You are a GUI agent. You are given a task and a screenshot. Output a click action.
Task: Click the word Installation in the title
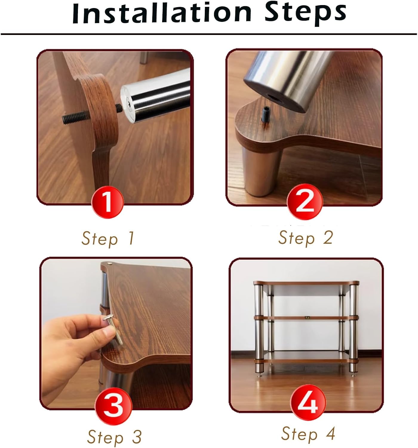pyautogui.click(x=162, y=13)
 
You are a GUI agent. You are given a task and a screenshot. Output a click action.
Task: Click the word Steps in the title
pyautogui.click(x=305, y=14)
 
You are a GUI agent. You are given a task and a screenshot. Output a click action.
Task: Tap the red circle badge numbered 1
pyautogui.click(x=107, y=202)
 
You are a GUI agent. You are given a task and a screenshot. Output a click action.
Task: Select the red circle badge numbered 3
pyautogui.click(x=113, y=407)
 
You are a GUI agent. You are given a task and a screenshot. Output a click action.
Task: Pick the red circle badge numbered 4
pyautogui.click(x=308, y=402)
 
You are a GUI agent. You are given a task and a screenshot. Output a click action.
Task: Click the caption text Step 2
pyautogui.click(x=305, y=238)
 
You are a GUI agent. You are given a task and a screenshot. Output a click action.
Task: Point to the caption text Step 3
pyautogui.click(x=114, y=437)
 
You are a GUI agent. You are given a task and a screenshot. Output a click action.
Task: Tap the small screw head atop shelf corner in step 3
pyautogui.click(x=110, y=263)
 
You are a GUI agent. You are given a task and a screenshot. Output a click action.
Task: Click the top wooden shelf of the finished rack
pyautogui.click(x=306, y=283)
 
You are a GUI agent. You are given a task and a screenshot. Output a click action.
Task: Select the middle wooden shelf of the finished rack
pyautogui.click(x=306, y=318)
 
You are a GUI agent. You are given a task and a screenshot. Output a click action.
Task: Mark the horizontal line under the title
pyautogui.click(x=209, y=34)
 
